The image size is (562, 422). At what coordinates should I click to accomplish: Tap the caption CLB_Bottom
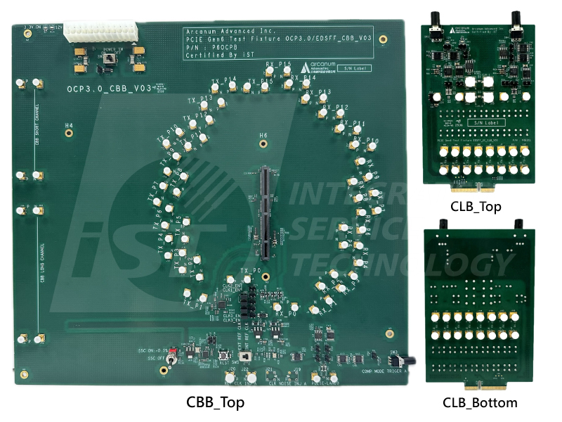click(480, 402)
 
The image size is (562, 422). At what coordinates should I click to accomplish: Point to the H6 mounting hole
click(263, 144)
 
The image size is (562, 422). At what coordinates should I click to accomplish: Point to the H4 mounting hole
click(69, 134)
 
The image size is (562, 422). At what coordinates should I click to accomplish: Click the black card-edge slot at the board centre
click(266, 211)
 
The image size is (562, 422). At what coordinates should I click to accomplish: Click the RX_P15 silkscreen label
click(279, 65)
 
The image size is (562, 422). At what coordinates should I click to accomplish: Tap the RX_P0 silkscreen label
click(285, 314)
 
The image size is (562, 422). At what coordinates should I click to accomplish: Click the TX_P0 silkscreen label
click(251, 271)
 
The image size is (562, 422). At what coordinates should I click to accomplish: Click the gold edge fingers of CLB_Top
click(478, 189)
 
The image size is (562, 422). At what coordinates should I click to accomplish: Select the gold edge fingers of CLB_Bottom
click(478, 385)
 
